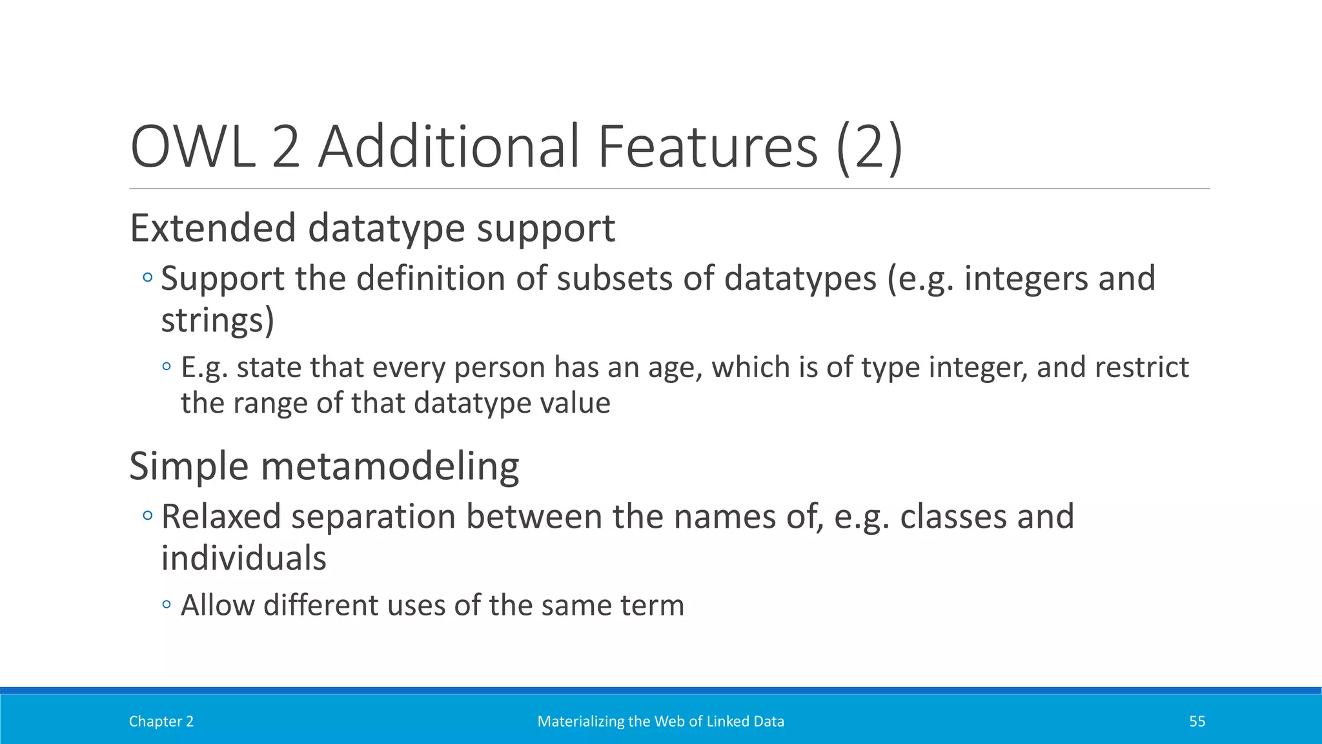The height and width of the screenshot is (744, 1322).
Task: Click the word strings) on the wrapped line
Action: click(218, 320)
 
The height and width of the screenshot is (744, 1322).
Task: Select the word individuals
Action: click(243, 559)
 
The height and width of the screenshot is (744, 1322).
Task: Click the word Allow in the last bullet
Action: click(218, 606)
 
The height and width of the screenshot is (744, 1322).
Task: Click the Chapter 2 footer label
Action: click(161, 721)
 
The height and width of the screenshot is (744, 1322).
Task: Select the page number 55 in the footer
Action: click(1197, 721)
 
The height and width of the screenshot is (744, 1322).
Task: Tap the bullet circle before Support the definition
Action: click(148, 278)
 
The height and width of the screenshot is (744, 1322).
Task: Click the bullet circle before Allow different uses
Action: click(167, 605)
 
